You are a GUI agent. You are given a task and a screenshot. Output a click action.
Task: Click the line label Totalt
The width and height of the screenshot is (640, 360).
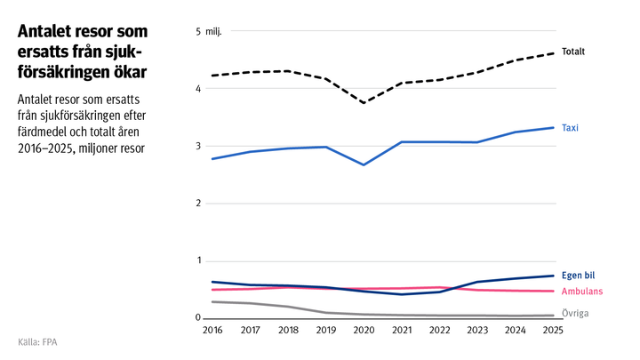tap(573, 52)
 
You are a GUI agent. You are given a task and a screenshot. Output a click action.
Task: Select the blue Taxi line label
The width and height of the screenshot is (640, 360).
tap(570, 128)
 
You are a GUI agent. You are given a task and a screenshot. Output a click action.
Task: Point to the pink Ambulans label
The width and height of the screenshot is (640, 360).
tap(583, 292)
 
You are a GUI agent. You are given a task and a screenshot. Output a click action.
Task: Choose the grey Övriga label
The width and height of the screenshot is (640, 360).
tap(575, 314)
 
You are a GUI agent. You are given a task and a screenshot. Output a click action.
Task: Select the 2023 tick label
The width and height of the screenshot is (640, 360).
tap(477, 330)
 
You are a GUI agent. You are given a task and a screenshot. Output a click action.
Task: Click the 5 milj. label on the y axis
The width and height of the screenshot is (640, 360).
tap(208, 32)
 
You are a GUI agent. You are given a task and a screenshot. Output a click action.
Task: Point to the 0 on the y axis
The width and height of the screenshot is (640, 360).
tap(198, 318)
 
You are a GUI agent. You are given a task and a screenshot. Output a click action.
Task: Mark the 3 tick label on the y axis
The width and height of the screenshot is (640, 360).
tap(198, 147)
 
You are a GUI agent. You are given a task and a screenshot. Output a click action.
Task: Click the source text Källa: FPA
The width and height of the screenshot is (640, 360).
tap(43, 341)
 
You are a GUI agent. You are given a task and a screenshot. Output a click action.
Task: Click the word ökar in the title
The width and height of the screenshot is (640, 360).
tap(123, 69)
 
